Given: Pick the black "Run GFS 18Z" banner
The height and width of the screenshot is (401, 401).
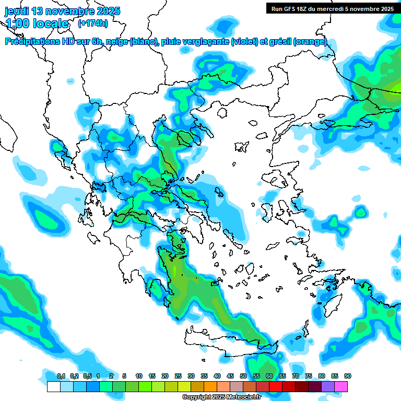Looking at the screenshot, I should pos(331,8).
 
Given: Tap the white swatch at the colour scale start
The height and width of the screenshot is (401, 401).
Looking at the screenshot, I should pos(53,386).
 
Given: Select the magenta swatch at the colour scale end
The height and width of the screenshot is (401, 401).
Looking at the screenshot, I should pos(341,386).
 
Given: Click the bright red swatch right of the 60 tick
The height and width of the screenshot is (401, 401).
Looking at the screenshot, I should pos(276,386).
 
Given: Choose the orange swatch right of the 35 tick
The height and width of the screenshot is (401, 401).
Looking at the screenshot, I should pos(210,386).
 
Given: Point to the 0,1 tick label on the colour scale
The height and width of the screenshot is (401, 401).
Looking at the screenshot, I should pos(61,376).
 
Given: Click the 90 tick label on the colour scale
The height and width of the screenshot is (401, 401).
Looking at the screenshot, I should pos(348,376).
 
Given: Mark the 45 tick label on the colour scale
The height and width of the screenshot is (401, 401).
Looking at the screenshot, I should pos(230,376).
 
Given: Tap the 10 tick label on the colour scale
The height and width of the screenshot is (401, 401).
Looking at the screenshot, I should pos(139,376).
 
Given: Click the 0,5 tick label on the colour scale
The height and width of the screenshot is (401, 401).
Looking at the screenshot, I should pos(87,376).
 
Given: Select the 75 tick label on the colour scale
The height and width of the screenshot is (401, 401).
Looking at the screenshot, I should pos(309,376).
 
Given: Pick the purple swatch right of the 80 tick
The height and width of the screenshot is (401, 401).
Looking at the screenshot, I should pos(328,386).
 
